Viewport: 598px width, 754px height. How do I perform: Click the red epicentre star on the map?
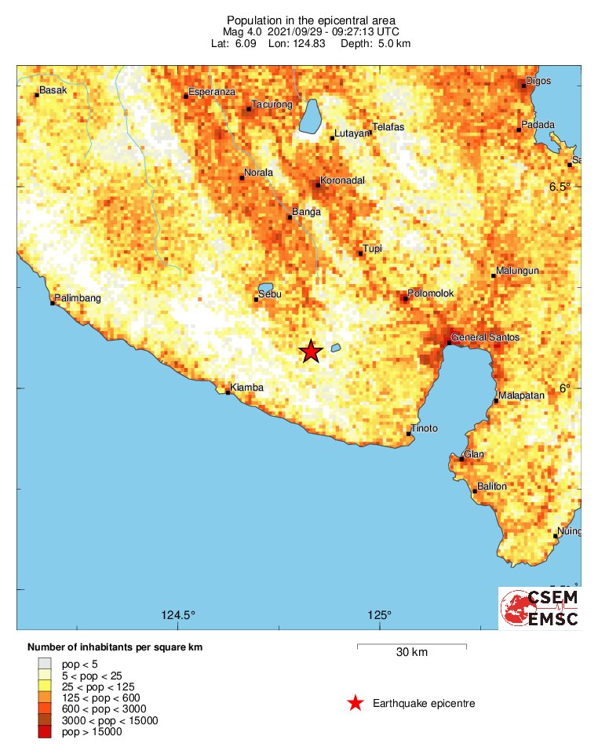tap(312, 352)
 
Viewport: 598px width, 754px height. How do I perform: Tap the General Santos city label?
tap(485, 337)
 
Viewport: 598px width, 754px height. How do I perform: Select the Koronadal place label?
tap(342, 180)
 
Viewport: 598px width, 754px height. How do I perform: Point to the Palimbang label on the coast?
tap(78, 298)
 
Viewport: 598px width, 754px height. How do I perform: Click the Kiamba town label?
tap(247, 388)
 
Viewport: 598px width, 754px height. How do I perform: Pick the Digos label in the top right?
tap(538, 81)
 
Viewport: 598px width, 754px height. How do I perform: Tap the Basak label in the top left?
tap(53, 90)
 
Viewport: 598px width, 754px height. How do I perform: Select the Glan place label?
tap(474, 454)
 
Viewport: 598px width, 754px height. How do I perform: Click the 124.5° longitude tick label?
tap(179, 614)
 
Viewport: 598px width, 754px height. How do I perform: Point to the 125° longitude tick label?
tap(380, 614)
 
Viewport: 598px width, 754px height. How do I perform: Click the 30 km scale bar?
tap(412, 647)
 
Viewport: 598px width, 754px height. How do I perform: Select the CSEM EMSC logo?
tap(540, 608)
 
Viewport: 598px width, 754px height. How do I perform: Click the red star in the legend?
tap(356, 703)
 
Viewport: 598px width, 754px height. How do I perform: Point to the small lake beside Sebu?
tap(265, 288)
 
